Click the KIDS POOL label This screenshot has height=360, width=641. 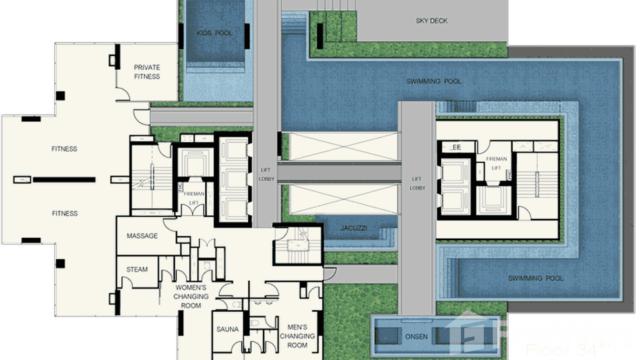click(214, 33)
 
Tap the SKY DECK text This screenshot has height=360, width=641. click(432, 21)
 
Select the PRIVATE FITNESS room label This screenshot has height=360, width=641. click(147, 72)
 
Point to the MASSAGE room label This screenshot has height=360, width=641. click(142, 236)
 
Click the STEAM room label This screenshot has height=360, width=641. click(137, 269)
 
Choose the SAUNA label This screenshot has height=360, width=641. click(227, 329)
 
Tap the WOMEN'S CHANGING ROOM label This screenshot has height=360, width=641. click(191, 296)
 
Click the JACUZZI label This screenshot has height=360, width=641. click(354, 228)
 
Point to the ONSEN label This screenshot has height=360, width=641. click(416, 337)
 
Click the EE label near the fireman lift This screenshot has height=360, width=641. click(457, 148)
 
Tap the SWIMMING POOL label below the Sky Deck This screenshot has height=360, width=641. click(434, 81)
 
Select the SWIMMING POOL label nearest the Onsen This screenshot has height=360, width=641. click(535, 278)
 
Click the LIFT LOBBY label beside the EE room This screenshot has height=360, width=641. click(417, 183)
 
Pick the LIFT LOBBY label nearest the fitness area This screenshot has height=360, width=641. click(265, 174)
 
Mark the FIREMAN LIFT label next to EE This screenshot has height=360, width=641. click(496, 163)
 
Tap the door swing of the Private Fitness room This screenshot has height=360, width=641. click(123, 95)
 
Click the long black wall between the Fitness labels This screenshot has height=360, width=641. click(64, 180)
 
